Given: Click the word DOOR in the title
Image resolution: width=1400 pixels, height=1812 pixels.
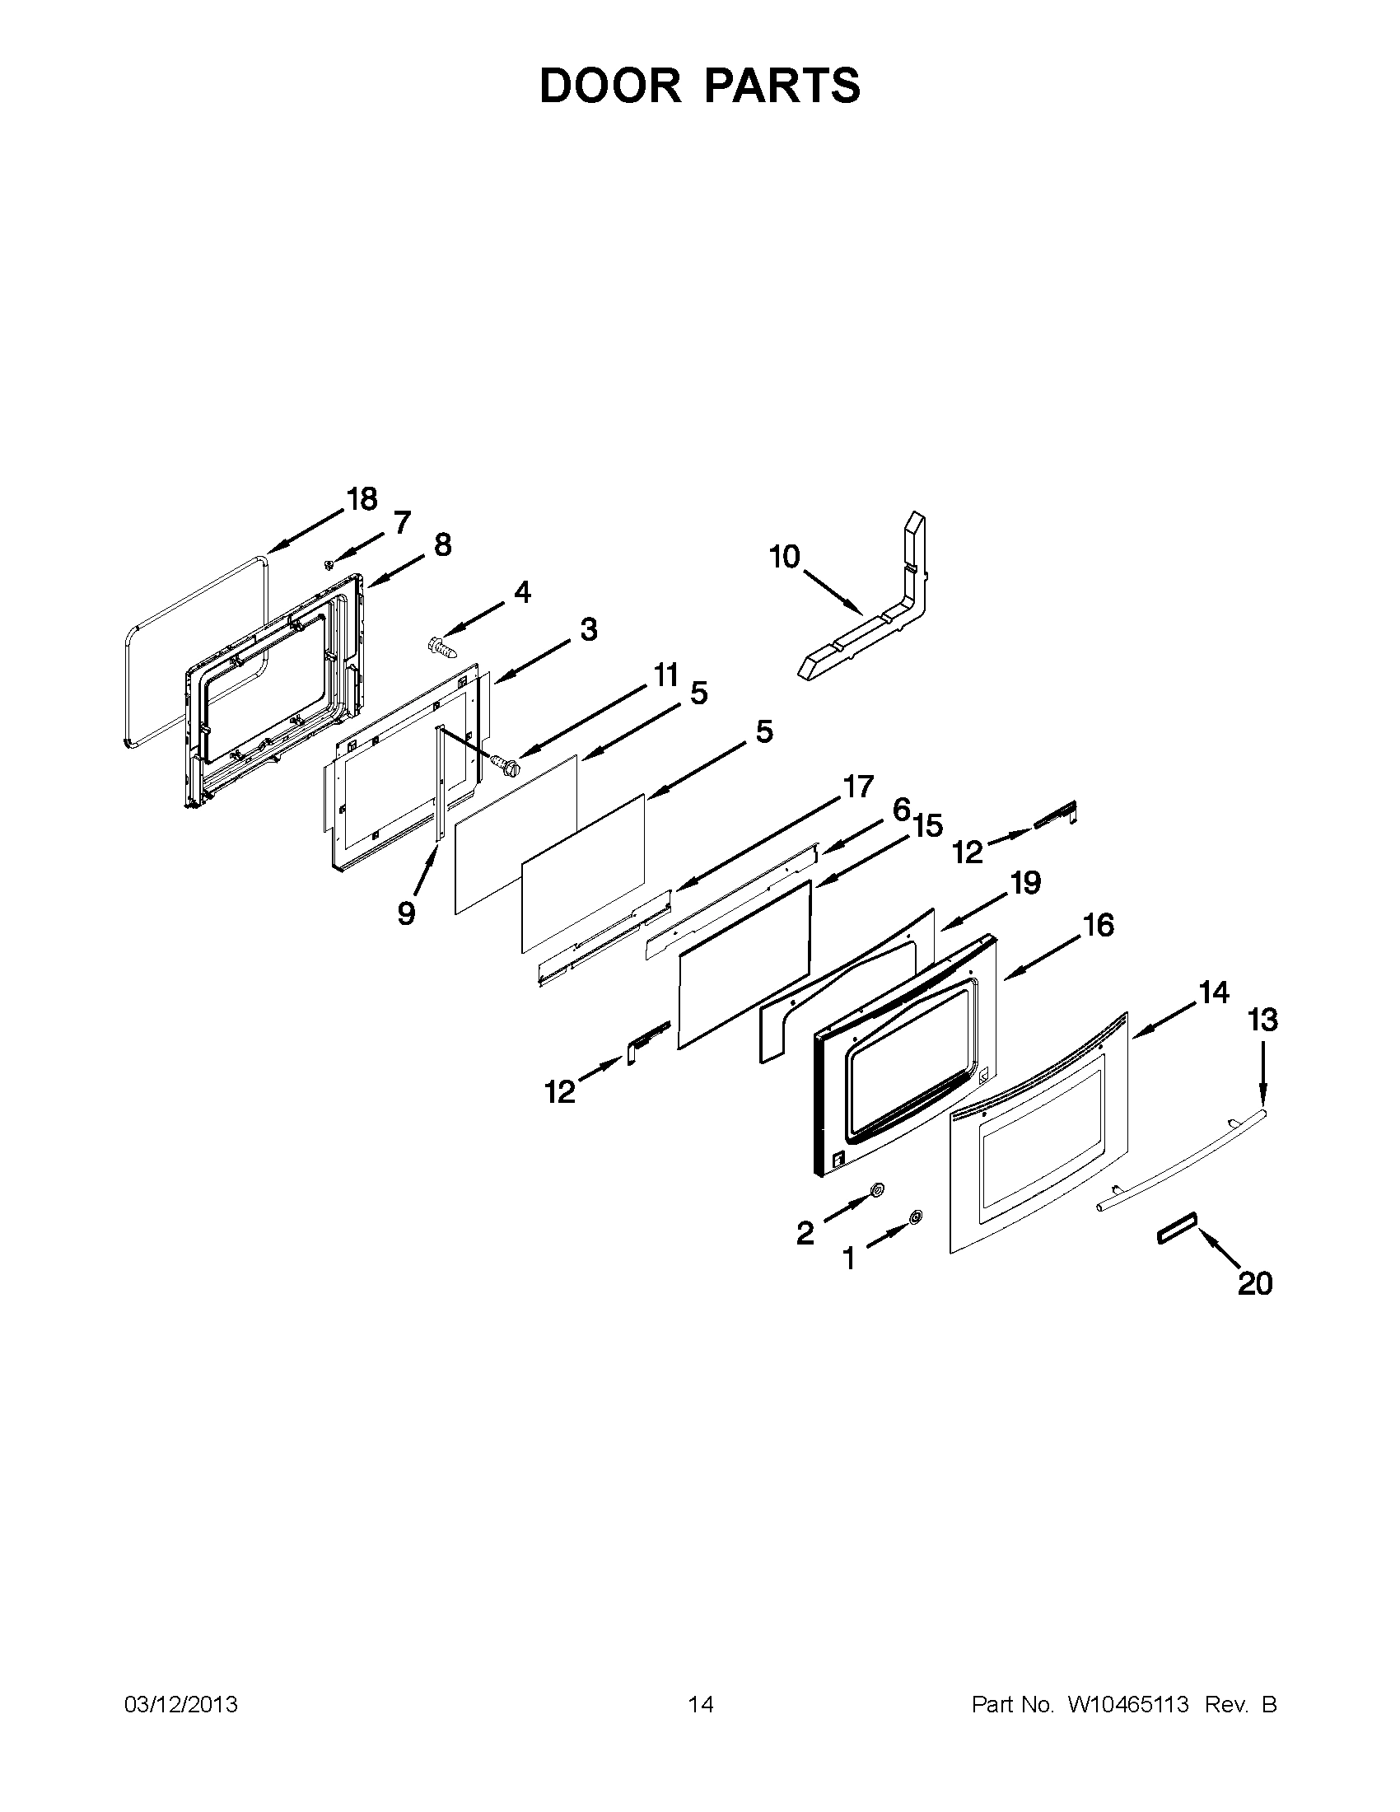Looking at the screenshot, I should pyautogui.click(x=609, y=86).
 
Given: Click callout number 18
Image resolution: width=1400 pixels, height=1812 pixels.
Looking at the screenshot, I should pyautogui.click(x=362, y=499).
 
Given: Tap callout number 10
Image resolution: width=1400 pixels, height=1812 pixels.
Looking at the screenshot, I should pyautogui.click(x=784, y=557).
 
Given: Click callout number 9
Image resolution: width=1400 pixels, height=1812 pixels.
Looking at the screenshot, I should pyautogui.click(x=405, y=913).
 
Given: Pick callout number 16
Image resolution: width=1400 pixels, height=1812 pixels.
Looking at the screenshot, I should pyautogui.click(x=1099, y=925).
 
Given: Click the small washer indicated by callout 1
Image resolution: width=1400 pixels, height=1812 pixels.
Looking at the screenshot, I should pyautogui.click(x=916, y=1217).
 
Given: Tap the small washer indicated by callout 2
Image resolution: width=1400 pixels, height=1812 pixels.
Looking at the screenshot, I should pyautogui.click(x=876, y=1192).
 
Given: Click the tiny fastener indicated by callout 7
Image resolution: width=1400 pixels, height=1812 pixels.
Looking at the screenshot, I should pyautogui.click(x=329, y=564).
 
